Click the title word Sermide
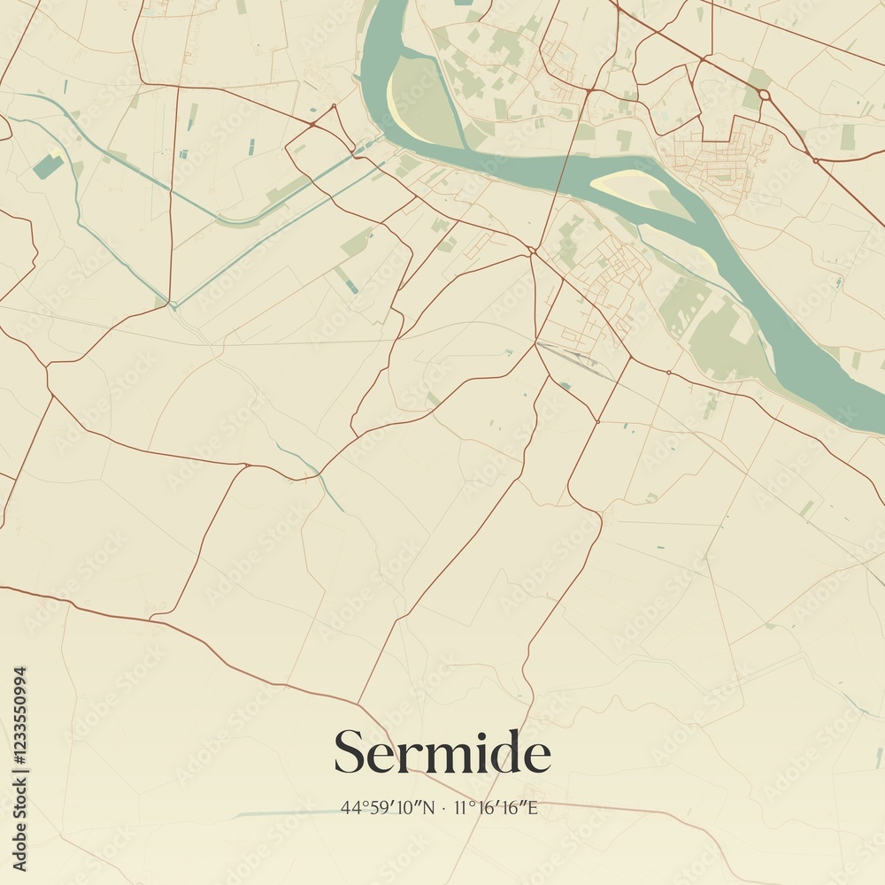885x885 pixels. coord(442,753)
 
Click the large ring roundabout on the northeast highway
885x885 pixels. coord(764,95)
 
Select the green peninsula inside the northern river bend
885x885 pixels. coord(420,97)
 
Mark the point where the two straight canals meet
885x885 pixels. coord(173,305)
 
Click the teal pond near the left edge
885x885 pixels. coord(49,166)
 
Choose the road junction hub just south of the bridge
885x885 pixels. coord(533,252)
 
